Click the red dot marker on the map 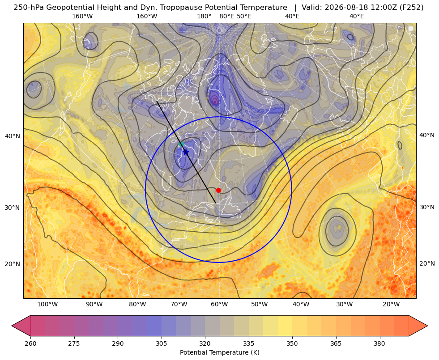coord(218,190)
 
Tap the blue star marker coord(186,152)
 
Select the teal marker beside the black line coord(181,144)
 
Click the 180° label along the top coord(204,16)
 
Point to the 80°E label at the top coord(227,16)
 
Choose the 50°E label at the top coord(244,16)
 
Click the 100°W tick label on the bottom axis coord(47,305)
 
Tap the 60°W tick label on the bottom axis coord(219,305)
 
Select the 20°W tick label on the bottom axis coord(391,305)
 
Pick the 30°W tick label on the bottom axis coord(345,305)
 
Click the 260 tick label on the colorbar coord(30,343)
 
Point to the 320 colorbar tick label coord(205,343)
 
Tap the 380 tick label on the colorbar coord(379,343)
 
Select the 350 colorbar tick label coord(292,343)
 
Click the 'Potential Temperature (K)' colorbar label coord(219,352)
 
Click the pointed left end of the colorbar coord(12,326)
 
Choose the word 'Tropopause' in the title coord(179,8)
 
